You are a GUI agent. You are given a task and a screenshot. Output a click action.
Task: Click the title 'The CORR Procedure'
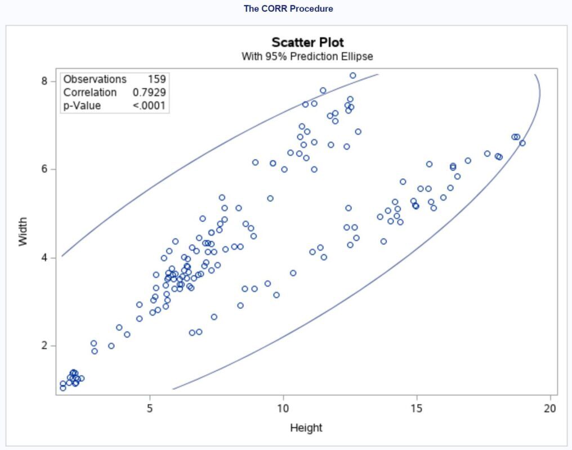[288, 8]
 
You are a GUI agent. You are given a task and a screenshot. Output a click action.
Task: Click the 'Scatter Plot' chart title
[307, 42]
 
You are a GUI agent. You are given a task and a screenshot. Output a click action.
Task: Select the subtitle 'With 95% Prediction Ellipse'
[307, 56]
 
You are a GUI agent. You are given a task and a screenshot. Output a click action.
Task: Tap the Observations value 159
[157, 79]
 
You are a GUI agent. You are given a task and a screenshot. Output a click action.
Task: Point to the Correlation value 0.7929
[149, 92]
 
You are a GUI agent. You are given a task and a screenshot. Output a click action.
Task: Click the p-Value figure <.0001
[149, 106]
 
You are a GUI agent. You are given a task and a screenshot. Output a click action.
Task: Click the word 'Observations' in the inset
[95, 79]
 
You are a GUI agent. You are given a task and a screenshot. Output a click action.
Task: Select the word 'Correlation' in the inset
[90, 92]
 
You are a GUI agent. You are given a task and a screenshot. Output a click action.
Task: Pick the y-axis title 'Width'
[23, 231]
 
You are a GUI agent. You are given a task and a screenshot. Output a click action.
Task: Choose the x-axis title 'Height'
[306, 427]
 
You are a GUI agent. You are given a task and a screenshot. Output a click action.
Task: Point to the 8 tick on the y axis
[44, 81]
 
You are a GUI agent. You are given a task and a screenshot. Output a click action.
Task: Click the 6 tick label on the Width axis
[44, 169]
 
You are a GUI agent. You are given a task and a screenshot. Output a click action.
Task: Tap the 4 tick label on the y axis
[44, 258]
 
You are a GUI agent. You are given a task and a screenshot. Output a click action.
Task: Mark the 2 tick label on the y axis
[44, 345]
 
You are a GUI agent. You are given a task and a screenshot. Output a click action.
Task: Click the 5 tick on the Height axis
[150, 408]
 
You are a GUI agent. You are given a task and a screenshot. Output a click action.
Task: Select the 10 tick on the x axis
[283, 408]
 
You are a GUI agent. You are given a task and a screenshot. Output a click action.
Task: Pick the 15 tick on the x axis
[417, 408]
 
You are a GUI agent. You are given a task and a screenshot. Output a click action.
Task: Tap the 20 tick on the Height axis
[550, 408]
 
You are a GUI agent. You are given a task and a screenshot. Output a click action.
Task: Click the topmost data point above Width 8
[353, 75]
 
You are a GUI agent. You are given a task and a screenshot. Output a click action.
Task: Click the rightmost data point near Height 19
[522, 143]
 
